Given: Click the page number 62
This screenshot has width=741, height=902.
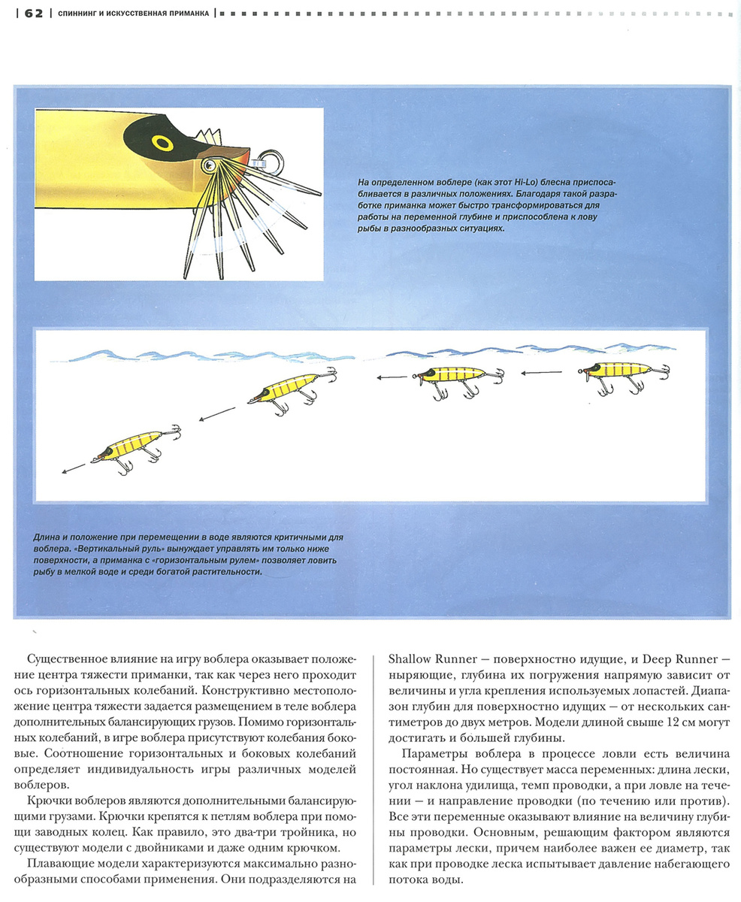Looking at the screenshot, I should [x=33, y=13].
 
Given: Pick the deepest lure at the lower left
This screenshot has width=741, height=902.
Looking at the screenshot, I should [x=132, y=446].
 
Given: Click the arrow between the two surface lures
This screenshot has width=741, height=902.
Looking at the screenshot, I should [x=541, y=373].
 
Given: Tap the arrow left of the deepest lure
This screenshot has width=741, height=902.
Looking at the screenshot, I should [x=74, y=468].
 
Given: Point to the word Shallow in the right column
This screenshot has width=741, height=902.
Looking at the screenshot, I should [x=413, y=659].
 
